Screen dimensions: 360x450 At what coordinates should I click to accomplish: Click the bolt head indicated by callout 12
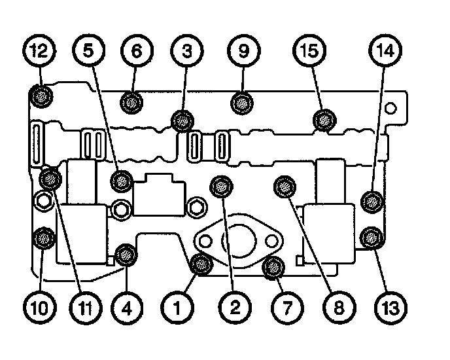coord(41,98)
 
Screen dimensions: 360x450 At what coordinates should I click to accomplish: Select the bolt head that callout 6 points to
coord(133,101)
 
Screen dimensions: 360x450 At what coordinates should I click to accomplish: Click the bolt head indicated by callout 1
coord(201,264)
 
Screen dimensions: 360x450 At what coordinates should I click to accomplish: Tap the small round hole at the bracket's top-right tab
coord(390,107)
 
